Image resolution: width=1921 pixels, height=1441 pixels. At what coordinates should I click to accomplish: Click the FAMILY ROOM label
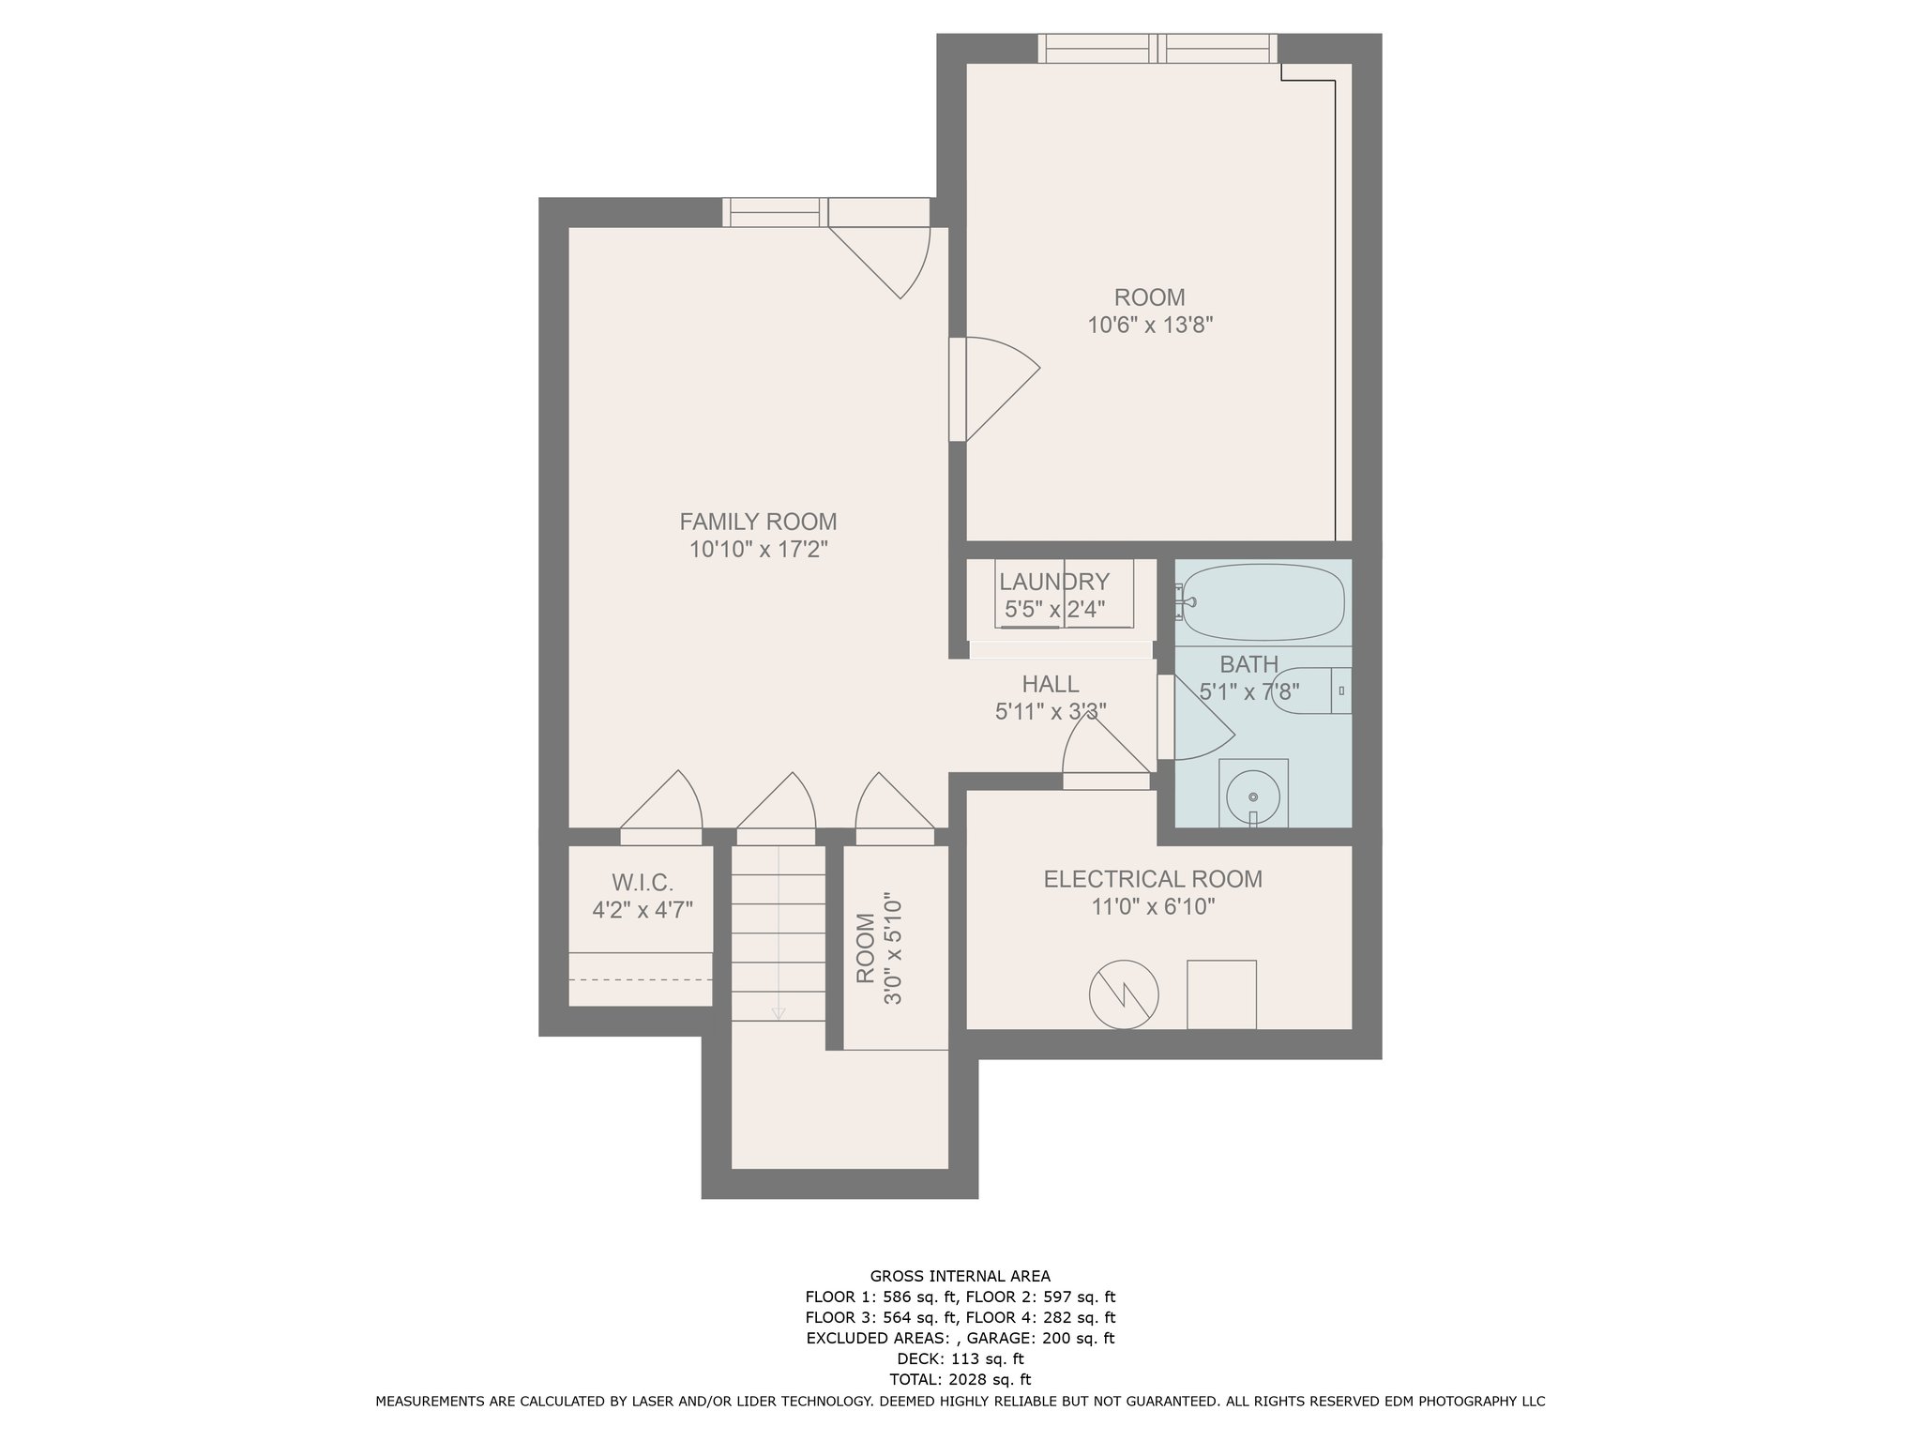click(758, 521)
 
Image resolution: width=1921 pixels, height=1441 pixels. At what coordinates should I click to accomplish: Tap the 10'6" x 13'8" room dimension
click(1150, 326)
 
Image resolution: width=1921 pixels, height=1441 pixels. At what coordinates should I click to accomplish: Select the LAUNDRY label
click(1054, 582)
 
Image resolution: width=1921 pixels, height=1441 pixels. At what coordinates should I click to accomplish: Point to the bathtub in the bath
click(1263, 602)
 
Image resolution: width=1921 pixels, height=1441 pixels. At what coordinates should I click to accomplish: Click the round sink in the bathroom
click(1252, 796)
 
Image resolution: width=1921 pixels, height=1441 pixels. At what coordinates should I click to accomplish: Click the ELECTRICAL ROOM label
click(1153, 879)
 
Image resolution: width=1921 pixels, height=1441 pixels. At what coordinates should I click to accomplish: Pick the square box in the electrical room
click(1221, 994)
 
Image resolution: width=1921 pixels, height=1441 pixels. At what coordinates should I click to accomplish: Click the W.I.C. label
click(643, 883)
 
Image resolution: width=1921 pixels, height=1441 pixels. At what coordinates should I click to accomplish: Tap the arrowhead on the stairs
click(778, 1013)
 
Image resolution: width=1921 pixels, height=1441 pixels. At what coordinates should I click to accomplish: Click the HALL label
click(1051, 684)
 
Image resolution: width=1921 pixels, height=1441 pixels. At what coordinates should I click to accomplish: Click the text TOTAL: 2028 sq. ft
click(960, 1379)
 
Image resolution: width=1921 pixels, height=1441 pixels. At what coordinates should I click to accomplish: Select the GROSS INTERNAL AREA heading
click(960, 1276)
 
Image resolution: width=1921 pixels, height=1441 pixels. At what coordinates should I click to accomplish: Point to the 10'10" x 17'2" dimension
click(758, 549)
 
